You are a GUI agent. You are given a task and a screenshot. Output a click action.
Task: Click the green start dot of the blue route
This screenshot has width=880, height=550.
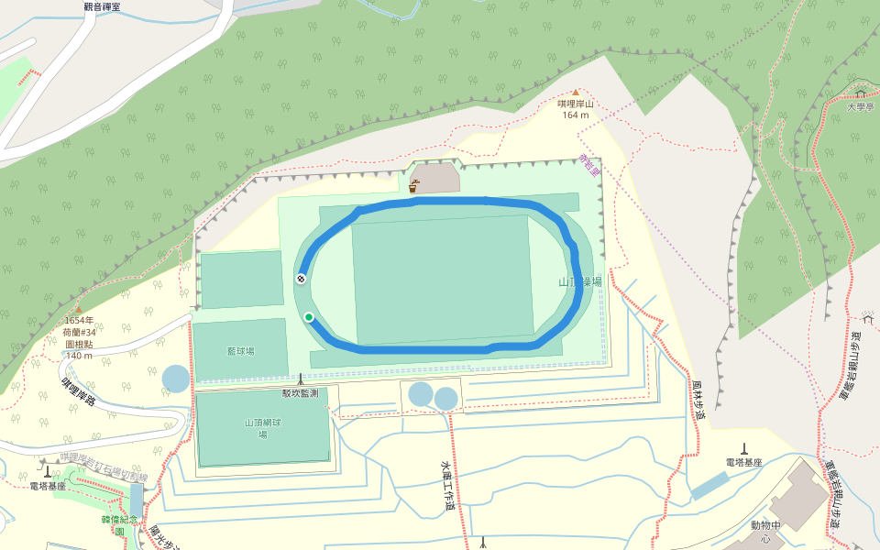309,317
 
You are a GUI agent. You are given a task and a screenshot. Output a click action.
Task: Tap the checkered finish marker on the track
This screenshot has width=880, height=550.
301,278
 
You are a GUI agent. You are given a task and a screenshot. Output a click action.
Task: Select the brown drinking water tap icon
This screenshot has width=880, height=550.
414,186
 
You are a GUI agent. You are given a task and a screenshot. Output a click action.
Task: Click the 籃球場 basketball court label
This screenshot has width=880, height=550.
241,351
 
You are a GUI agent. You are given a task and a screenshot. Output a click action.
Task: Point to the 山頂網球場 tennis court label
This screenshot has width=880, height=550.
262,428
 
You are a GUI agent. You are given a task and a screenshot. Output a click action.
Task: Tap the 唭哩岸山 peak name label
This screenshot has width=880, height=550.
576,104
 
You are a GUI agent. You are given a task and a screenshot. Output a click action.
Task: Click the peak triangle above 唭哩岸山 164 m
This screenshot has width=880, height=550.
576,93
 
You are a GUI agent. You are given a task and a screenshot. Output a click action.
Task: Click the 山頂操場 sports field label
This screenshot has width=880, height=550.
581,282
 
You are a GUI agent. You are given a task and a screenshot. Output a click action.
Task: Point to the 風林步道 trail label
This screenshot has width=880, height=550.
698,401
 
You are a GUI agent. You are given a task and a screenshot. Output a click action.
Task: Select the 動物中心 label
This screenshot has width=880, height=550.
764,532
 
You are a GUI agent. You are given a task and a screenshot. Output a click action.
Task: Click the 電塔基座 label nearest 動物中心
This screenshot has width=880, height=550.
743,463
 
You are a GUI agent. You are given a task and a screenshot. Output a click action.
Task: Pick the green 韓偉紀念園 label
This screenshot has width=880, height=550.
118,524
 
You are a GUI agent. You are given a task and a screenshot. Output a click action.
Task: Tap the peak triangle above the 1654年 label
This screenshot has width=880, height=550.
78,310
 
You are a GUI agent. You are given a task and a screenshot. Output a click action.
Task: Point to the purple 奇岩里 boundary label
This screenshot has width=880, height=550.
588,165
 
